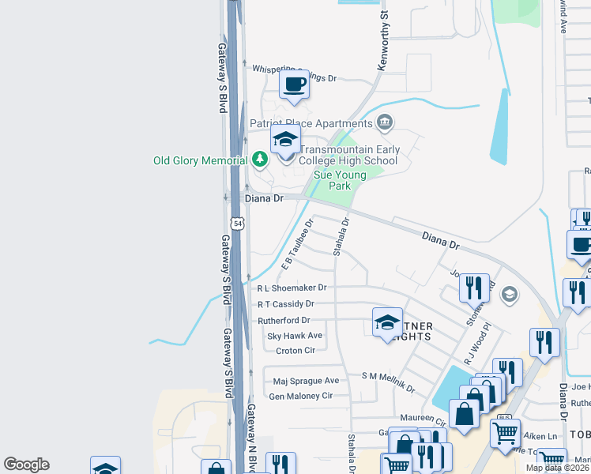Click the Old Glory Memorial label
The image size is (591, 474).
pos(201,160)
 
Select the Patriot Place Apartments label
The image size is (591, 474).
pos(311,123)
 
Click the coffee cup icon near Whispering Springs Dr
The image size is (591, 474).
pos(294,84)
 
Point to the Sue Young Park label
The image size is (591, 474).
pos(340,180)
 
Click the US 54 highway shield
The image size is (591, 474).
pos(238,224)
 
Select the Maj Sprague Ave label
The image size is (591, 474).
pos(306,381)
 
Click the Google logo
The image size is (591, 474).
pos(26,465)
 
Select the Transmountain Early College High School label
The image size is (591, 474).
pos(349,155)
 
